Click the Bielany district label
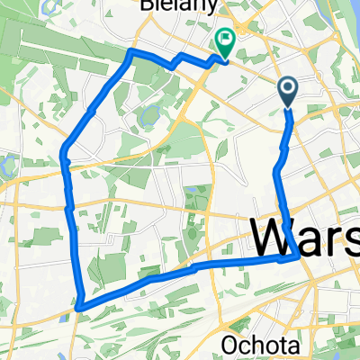[x=172, y=4]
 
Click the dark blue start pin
[x=288, y=91]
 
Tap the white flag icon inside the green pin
[x=223, y=40]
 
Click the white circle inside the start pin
[x=288, y=87]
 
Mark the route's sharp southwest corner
[x=80, y=307]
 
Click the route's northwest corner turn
[x=132, y=52]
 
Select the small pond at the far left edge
[x=5, y=164]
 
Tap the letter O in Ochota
[x=230, y=344]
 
